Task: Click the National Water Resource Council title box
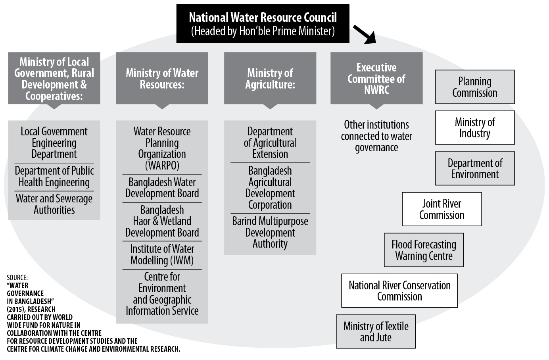pyautogui.click(x=263, y=23)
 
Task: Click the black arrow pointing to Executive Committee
pyautogui.click(x=365, y=34)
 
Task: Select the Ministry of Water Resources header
pyautogui.click(x=162, y=78)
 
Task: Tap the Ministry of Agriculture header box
pyautogui.click(x=270, y=78)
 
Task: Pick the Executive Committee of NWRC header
pyautogui.click(x=376, y=78)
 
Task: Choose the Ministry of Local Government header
pyautogui.click(x=54, y=78)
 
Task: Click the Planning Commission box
pyautogui.click(x=475, y=87)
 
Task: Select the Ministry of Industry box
pyautogui.click(x=475, y=127)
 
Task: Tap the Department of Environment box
pyautogui.click(x=475, y=168)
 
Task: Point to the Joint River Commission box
pyautogui.click(x=442, y=209)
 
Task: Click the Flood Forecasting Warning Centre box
pyautogui.click(x=424, y=250)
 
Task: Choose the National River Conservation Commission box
pyautogui.click(x=399, y=291)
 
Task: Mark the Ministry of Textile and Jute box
pyautogui.click(x=376, y=331)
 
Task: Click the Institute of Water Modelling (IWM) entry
pyautogui.click(x=162, y=254)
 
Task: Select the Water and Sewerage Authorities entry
pyautogui.click(x=54, y=204)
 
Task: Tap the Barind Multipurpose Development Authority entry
pyautogui.click(x=270, y=232)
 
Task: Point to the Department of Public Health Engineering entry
pyautogui.click(x=54, y=176)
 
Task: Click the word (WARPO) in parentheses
pyautogui.click(x=162, y=165)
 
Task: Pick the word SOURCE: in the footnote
pyautogui.click(x=17, y=277)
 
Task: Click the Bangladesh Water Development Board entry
pyautogui.click(x=162, y=188)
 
